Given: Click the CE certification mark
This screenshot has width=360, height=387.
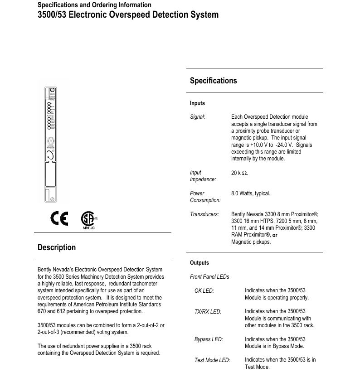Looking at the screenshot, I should click(59, 219).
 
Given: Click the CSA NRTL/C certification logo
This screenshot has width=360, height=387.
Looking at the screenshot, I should click(88, 220).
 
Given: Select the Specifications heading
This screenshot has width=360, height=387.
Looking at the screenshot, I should click(213, 81).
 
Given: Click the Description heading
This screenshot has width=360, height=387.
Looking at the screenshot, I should click(57, 247).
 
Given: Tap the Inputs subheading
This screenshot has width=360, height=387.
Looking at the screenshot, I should click(197, 103).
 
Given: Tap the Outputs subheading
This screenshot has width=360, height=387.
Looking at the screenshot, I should click(199, 263).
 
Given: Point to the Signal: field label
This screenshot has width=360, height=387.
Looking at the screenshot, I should click(198, 117).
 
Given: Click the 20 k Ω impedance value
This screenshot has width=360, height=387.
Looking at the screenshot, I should click(239, 173).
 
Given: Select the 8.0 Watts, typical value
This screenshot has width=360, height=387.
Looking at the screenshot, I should click(251, 193).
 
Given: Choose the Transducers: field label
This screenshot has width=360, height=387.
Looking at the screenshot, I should click(204, 214).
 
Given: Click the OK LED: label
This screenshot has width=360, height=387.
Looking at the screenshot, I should click(204, 291).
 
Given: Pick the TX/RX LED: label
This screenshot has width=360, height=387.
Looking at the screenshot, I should click(208, 312).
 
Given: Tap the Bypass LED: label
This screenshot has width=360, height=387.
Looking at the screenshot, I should click(209, 339).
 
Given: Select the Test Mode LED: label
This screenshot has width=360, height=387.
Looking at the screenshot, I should click(212, 360).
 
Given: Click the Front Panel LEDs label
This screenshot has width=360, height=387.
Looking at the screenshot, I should click(209, 277).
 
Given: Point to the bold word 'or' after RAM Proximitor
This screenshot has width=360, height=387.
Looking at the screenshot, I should click(275, 235).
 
